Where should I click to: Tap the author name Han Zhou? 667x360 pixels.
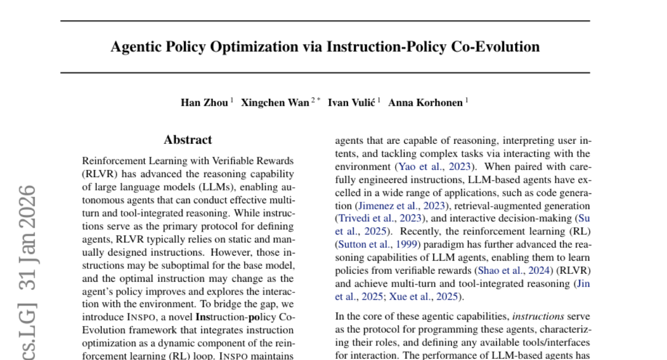pyautogui.click(x=204, y=103)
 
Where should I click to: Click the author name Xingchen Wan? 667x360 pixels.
pyautogui.click(x=275, y=103)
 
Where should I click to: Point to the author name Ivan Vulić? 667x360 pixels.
pyautogui.click(x=351, y=103)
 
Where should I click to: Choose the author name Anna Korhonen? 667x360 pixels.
pyautogui.click(x=425, y=103)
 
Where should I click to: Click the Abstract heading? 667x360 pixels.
pyautogui.click(x=188, y=140)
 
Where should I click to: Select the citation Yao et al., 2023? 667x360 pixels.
pyautogui.click(x=433, y=166)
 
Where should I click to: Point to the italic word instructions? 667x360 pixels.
pyautogui.click(x=537, y=317)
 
